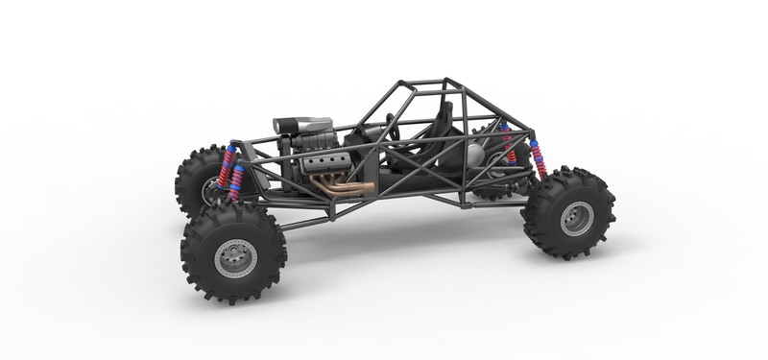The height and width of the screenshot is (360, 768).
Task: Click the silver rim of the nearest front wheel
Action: click(x=234, y=257)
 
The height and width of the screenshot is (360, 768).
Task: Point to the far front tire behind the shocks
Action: click(x=192, y=178)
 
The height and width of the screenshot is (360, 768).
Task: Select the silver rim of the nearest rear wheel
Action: click(x=576, y=218)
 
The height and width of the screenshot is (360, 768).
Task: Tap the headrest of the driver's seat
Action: click(x=443, y=112)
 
